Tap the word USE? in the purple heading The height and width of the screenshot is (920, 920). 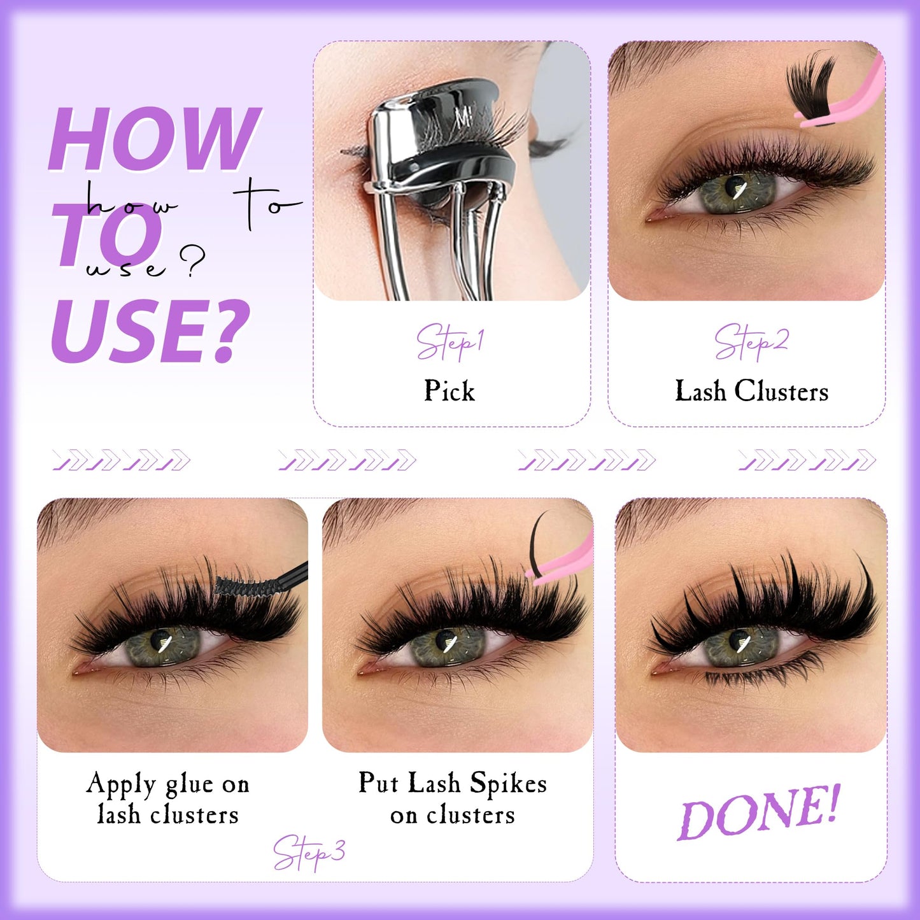(150, 331)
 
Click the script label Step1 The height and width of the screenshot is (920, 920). (450, 342)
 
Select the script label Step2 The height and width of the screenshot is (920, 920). (751, 341)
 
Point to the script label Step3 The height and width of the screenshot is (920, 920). (309, 852)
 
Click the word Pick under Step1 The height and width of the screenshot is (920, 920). (449, 391)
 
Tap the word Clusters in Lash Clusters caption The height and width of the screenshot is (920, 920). (781, 391)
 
